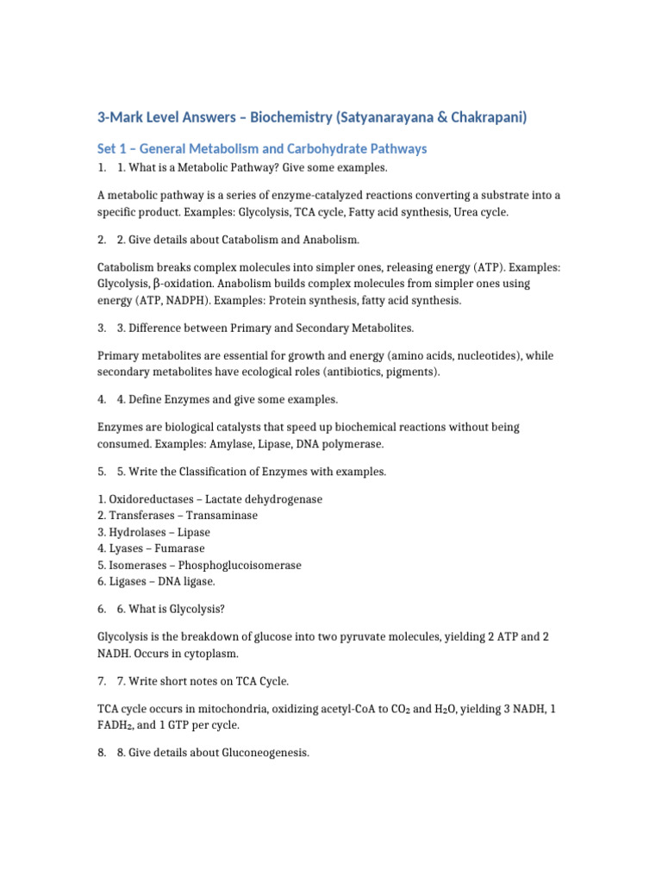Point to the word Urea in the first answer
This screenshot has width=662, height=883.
click(472, 211)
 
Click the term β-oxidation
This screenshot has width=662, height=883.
click(183, 284)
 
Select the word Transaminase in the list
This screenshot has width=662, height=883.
click(222, 516)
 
